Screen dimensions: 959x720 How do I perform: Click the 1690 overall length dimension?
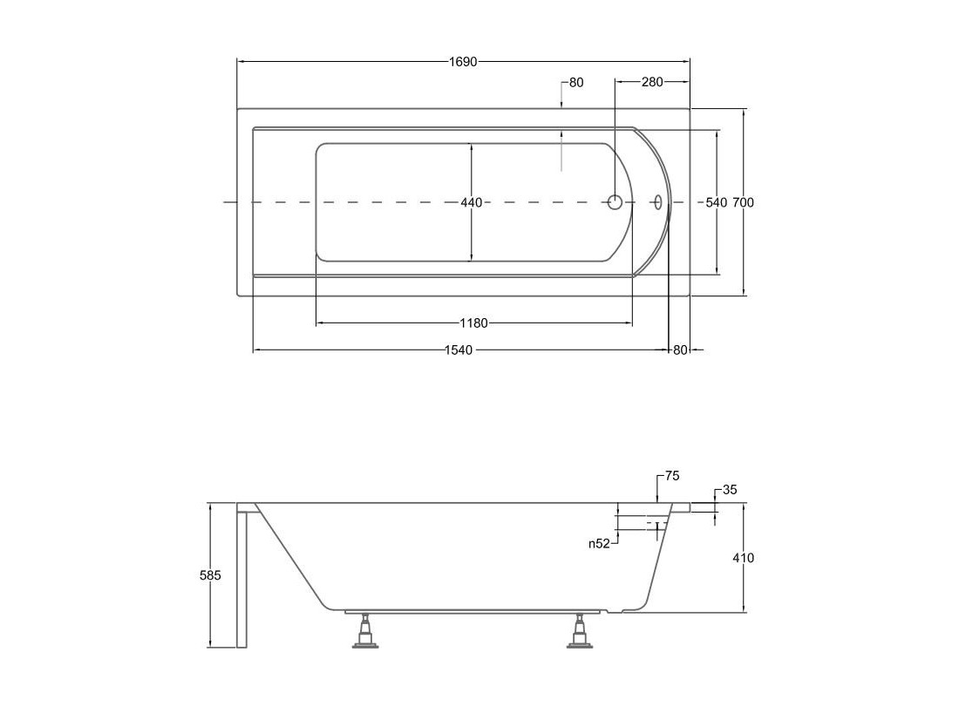[463, 62]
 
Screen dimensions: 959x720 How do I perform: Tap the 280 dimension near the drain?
[652, 82]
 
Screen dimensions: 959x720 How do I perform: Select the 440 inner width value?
[472, 202]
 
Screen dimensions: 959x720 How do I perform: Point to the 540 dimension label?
[716, 202]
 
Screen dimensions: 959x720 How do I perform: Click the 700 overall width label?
[743, 202]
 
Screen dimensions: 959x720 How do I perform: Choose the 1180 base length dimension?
[474, 323]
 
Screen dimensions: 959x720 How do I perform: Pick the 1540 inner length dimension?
[459, 350]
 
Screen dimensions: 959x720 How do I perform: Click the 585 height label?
[210, 575]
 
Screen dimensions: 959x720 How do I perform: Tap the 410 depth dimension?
[744, 558]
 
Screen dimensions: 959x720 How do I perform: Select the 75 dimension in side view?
[672, 476]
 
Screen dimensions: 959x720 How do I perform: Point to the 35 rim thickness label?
[730, 490]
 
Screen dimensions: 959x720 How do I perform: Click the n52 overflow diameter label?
[600, 543]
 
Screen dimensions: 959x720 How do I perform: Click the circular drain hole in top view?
[615, 201]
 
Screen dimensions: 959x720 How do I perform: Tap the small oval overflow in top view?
[657, 201]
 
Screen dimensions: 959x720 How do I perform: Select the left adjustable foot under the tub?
[365, 631]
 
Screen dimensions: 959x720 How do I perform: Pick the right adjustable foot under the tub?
[578, 631]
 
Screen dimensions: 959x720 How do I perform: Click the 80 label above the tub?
[576, 83]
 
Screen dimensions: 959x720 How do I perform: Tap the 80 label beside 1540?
[680, 350]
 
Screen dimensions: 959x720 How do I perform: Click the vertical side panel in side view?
[241, 575]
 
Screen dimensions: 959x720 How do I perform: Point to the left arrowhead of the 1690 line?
[241, 62]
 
